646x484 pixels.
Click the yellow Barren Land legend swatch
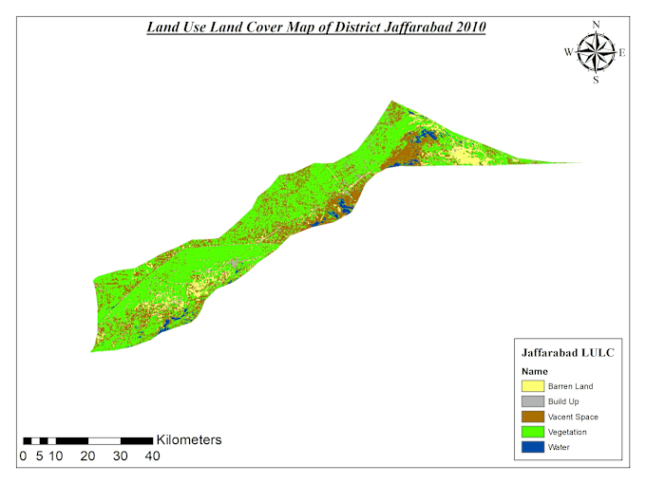pos(532,386)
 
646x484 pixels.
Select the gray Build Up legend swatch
pos(532,401)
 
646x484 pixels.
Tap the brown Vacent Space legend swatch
pos(532,417)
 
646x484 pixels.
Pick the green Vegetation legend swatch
pos(532,432)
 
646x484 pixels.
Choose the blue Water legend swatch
pos(532,447)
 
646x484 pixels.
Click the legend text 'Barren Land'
pos(570,386)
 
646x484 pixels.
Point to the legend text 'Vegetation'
pos(568,432)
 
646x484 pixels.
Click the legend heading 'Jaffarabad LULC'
pos(567,352)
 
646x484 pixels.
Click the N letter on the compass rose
pos(596,24)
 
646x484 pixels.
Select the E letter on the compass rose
pos(622,53)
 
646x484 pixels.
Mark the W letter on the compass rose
pos(569,53)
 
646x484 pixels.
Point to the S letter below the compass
pos(596,81)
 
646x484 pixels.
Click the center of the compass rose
pos(596,52)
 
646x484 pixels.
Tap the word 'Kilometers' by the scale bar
pos(189,439)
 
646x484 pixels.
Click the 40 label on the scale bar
pos(152,456)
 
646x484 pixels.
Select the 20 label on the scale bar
pos(87,456)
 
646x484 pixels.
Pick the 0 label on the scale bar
pos(23,456)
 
